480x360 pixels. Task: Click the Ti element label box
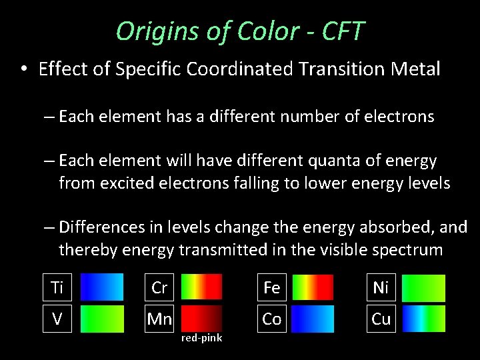(57, 287)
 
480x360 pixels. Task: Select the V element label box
(57, 319)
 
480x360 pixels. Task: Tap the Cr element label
(159, 287)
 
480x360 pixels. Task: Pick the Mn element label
(159, 319)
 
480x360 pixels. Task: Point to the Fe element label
(271, 287)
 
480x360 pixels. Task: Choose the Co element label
(271, 319)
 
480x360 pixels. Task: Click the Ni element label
(381, 287)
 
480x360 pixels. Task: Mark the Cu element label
(381, 319)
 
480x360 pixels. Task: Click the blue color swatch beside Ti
(102, 287)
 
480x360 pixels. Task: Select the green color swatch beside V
(102, 319)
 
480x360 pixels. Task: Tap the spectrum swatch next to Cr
(201, 287)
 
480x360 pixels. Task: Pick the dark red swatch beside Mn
(201, 319)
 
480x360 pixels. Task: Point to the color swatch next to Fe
(313, 287)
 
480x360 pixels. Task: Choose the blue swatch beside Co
(313, 319)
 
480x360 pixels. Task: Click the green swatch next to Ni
(424, 287)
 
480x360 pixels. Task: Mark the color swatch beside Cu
(424, 319)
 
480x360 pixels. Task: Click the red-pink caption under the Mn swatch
(202, 339)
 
